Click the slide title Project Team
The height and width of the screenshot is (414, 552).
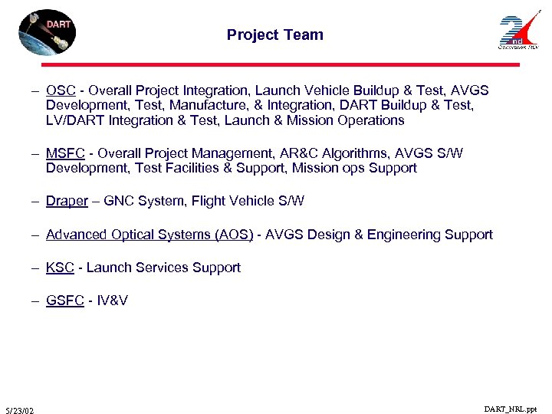pyautogui.click(x=275, y=34)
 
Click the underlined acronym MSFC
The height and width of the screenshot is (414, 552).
pyautogui.click(x=64, y=153)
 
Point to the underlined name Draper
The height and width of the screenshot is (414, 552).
pyautogui.click(x=67, y=201)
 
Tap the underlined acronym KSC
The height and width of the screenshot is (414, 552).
pyautogui.click(x=59, y=268)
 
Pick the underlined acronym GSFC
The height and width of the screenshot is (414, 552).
pyautogui.click(x=64, y=301)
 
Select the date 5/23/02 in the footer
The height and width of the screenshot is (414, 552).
pyautogui.click(x=18, y=410)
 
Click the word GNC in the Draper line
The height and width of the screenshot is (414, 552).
pyautogui.click(x=119, y=201)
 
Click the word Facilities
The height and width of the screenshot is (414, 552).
pyautogui.click(x=194, y=168)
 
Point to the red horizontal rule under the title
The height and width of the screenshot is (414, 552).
pyautogui.click(x=276, y=64)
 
